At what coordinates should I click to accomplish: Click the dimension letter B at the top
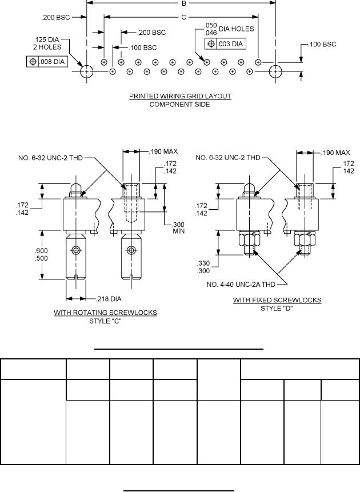point(183,3)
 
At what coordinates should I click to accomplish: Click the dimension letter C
point(183,18)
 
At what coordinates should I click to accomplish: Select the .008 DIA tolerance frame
point(47,60)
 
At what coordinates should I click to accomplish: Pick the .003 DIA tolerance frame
point(225,43)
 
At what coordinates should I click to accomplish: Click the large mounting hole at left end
point(87,71)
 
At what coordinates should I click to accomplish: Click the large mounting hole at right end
point(275,71)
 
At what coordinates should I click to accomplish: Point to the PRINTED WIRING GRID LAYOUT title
point(180,96)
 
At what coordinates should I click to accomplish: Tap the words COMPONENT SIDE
point(180,104)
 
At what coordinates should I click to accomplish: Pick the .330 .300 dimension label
point(204,266)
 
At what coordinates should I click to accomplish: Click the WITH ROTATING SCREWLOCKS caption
point(106,313)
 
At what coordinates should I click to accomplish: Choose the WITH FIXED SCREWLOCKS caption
point(277,300)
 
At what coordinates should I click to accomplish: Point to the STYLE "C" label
point(106,321)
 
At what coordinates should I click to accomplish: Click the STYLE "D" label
point(277,308)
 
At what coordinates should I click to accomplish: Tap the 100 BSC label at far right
point(323,45)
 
